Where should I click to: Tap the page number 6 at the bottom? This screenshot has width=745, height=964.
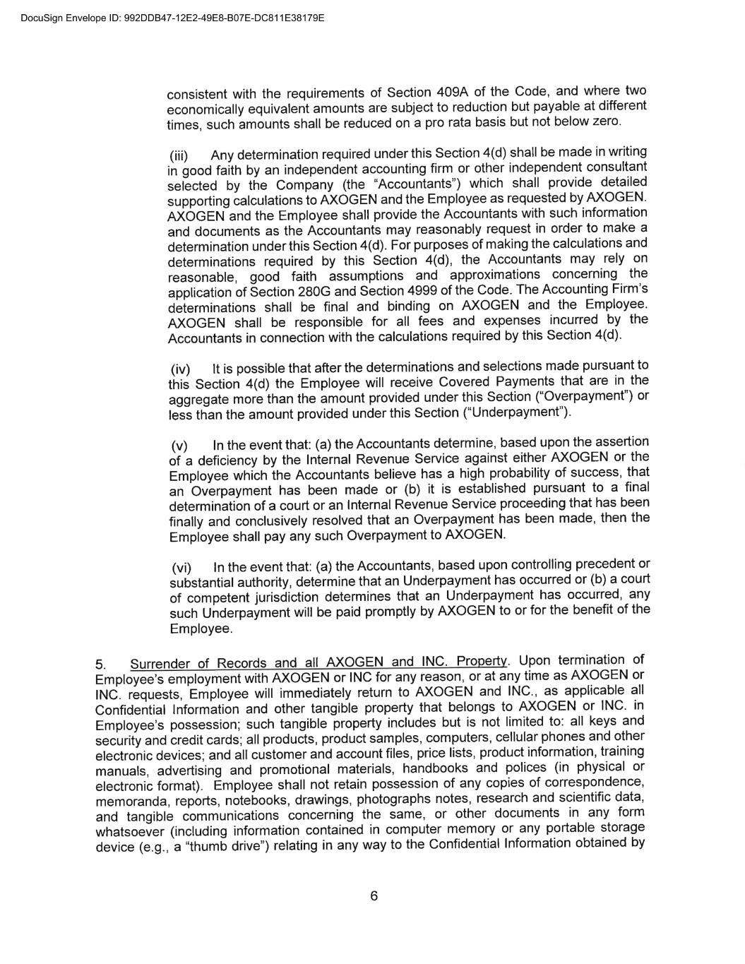coord(374,896)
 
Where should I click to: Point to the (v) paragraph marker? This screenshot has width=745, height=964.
coord(180,446)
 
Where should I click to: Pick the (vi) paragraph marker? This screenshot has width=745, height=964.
coord(182,569)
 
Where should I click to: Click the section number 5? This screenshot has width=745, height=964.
coord(100,665)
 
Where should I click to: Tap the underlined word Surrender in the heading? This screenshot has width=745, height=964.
coord(160,664)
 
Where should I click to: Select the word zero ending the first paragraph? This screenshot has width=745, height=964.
coord(607,121)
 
